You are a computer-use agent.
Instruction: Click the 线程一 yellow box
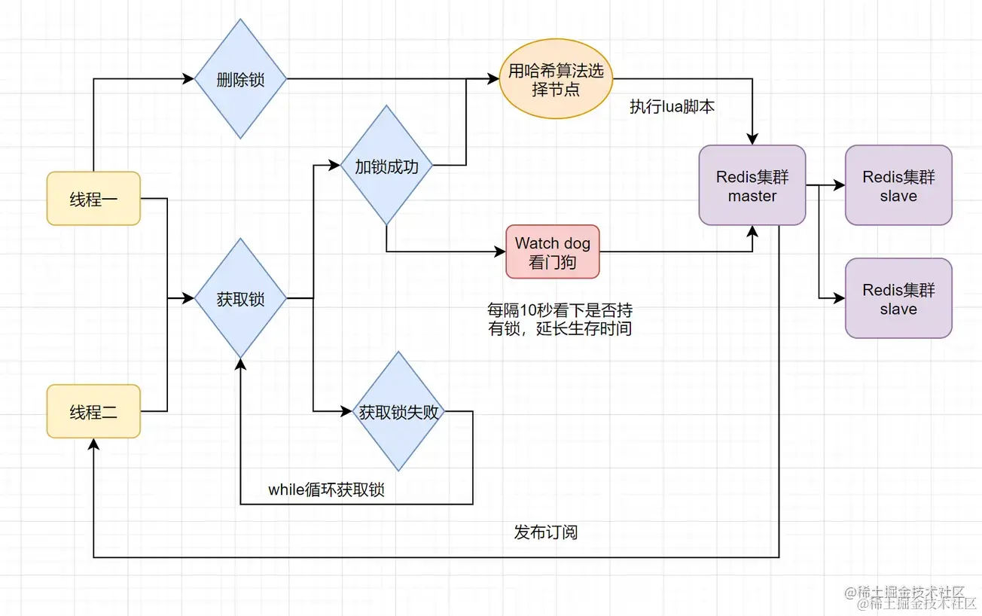point(93,199)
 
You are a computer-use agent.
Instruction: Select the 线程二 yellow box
point(93,411)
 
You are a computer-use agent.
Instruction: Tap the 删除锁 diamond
point(240,79)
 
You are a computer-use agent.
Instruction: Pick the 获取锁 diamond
point(240,298)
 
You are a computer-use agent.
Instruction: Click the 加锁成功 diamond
point(386,165)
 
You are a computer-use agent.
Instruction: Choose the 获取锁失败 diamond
point(398,411)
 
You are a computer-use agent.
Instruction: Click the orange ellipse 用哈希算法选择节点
point(556,79)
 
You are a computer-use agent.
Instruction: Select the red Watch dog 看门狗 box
point(553,252)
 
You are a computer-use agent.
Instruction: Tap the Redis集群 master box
point(752,185)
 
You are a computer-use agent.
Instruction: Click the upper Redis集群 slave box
point(898,185)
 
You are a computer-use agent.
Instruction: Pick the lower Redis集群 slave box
point(898,298)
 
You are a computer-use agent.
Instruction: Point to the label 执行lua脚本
point(672,106)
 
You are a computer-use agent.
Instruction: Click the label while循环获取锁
point(326,489)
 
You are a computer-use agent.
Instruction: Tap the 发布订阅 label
point(546,532)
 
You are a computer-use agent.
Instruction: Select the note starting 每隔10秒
point(560,319)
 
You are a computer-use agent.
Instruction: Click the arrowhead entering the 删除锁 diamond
point(189,79)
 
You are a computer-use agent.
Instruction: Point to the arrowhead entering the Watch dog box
point(500,252)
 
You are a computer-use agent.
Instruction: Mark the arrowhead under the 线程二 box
point(93,444)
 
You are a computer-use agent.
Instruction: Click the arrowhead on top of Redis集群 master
point(752,139)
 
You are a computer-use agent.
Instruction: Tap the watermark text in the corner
point(911,598)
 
